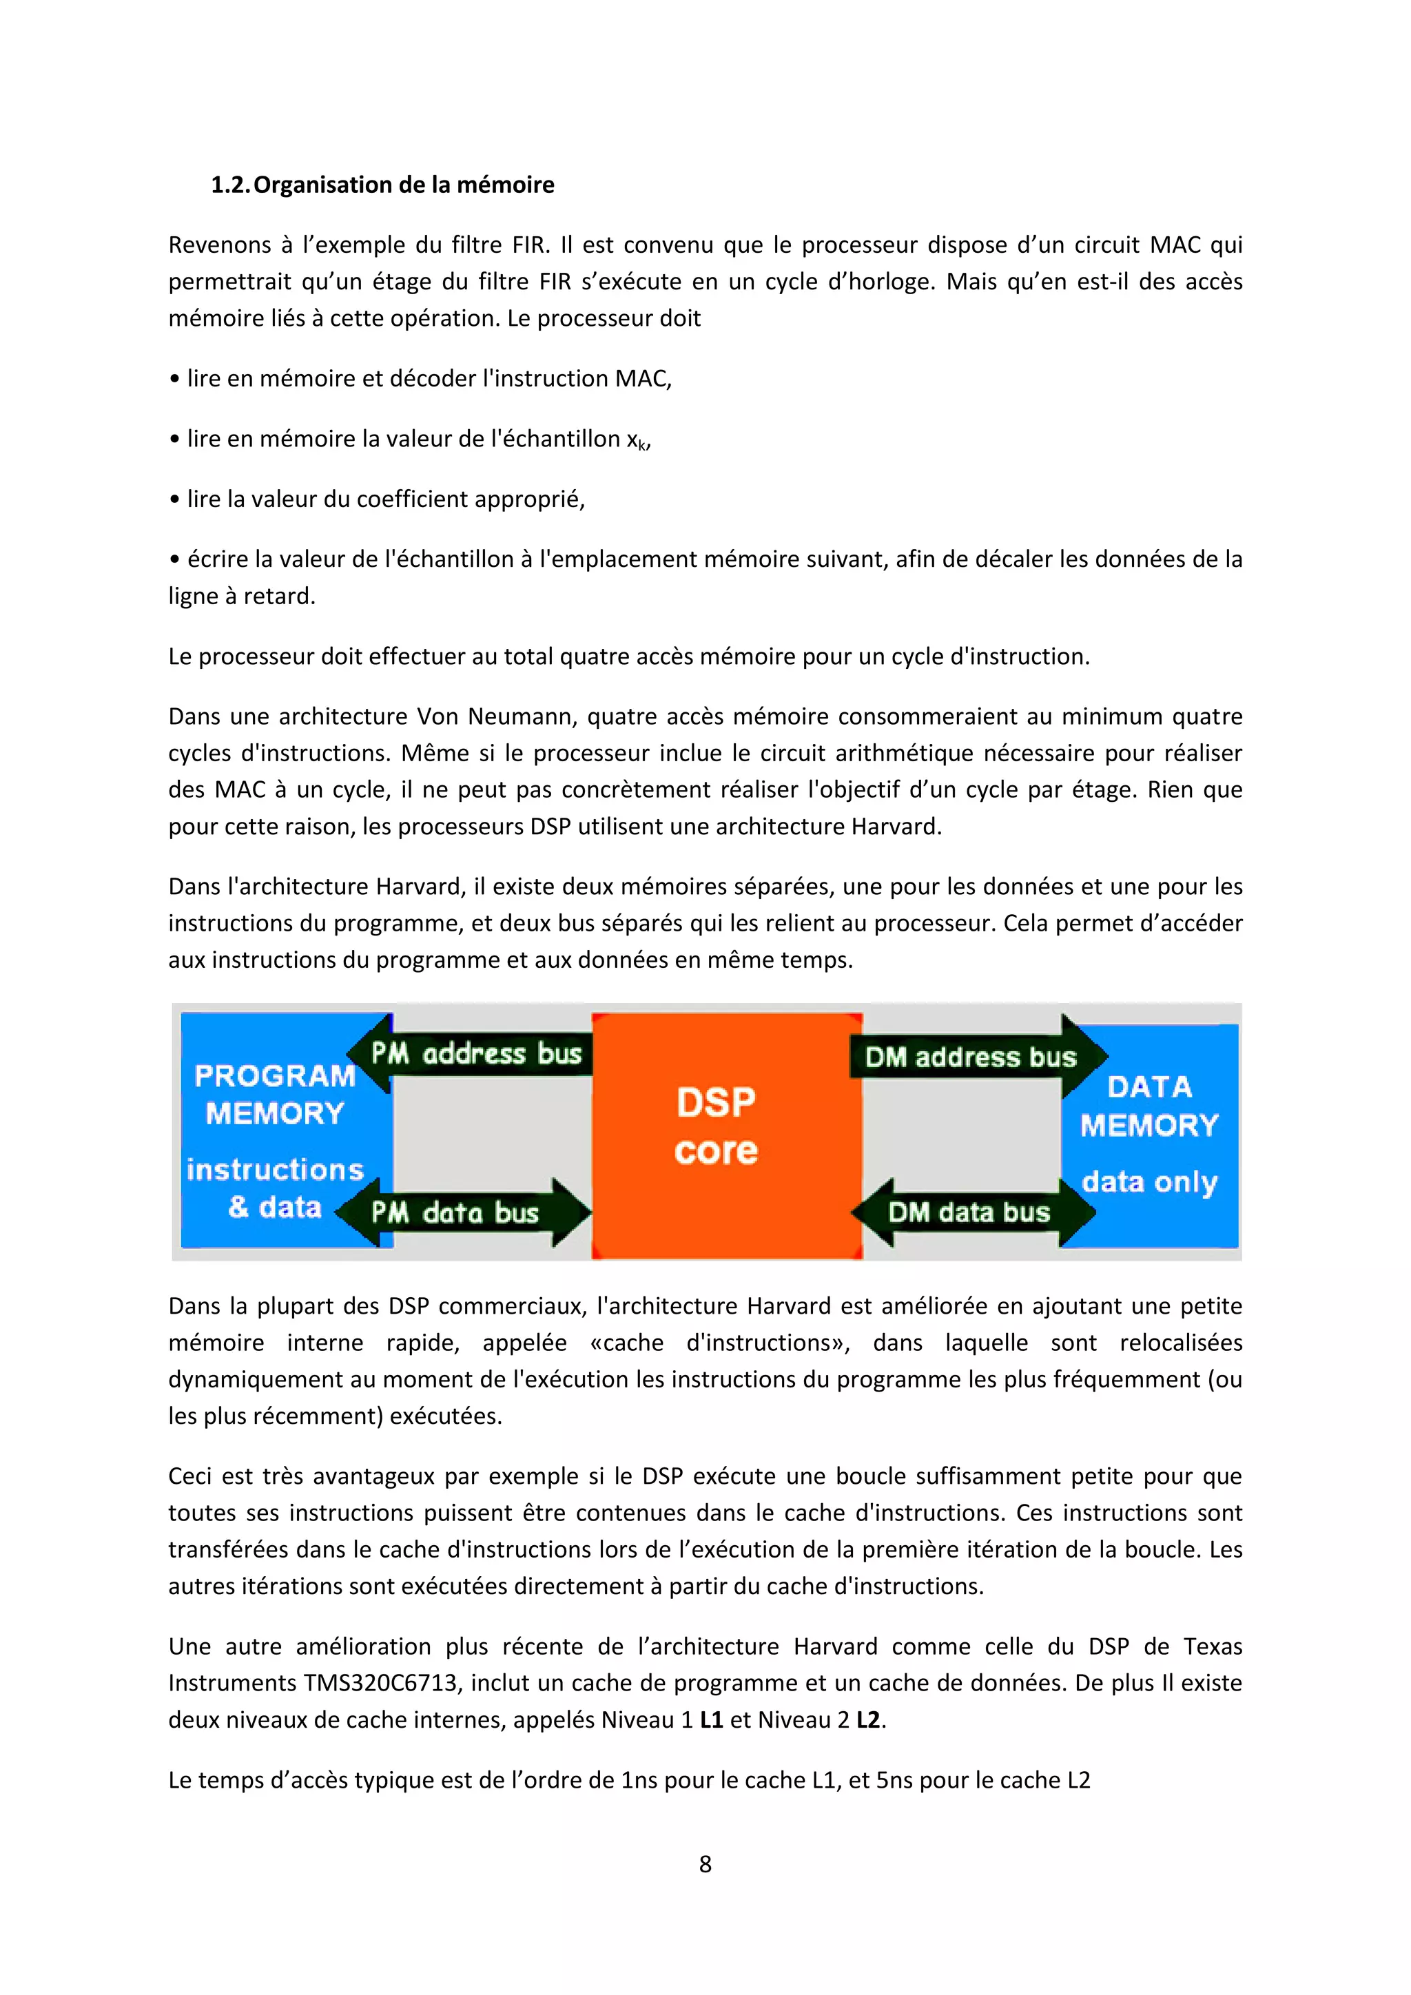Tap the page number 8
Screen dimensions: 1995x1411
tap(705, 1864)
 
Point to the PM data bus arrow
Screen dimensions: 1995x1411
tap(460, 1212)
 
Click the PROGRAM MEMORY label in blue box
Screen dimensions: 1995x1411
tap(276, 1095)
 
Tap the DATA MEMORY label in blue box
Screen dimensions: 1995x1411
tap(1149, 1106)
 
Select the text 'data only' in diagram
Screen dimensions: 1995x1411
tap(1149, 1181)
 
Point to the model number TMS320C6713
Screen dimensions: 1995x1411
tap(380, 1683)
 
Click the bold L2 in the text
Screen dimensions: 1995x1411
tap(868, 1719)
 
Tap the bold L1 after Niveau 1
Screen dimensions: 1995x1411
tap(711, 1719)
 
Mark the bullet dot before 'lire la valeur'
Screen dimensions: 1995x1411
tap(174, 499)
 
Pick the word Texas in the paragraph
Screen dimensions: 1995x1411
tap(1212, 1646)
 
